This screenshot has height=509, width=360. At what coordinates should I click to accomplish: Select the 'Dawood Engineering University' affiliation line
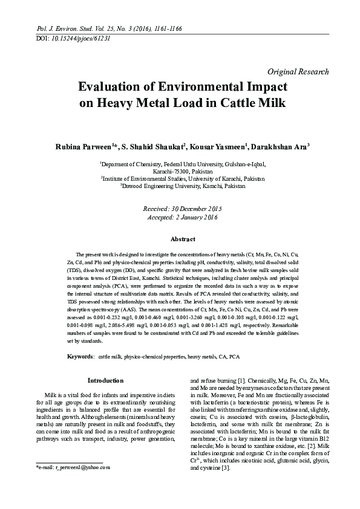pyautogui.click(x=183, y=186)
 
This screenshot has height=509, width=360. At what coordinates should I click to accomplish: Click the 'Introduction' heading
pyautogui.click(x=106, y=380)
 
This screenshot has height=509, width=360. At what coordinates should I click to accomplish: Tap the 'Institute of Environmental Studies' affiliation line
pyautogui.click(x=183, y=179)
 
